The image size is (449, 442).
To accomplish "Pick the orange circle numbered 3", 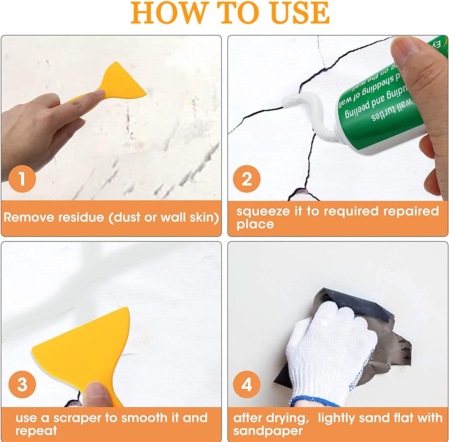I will tap(22, 384).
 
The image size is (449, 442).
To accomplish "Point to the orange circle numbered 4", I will tap(246, 384).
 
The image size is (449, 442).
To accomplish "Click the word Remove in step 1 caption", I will tap(29, 217).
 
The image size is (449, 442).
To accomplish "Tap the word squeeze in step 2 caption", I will tap(262, 211).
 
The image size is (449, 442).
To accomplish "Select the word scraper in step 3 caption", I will tap(77, 418).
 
